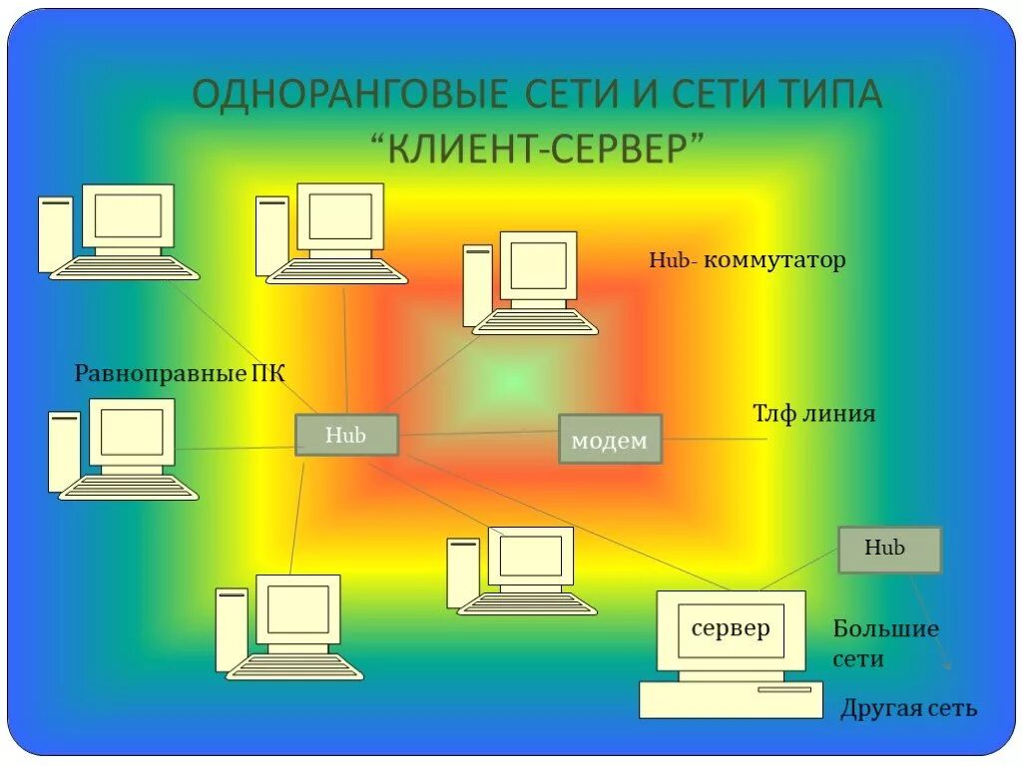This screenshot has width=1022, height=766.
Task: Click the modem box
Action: coord(610,439)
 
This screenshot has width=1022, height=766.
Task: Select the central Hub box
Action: coord(346,435)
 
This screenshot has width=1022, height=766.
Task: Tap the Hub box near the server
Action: coord(889,550)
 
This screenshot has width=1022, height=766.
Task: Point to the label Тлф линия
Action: coord(813,413)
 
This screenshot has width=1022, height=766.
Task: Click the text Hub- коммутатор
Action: coord(748,260)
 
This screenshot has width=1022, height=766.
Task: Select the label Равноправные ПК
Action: coord(180,374)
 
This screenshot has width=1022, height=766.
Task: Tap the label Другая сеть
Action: coord(908,708)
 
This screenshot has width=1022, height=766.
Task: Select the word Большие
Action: coord(886,629)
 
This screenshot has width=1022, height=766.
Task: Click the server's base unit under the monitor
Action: coord(731,699)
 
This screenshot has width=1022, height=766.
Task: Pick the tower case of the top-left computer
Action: coord(55,235)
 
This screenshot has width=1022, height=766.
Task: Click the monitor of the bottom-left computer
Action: coord(297,609)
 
